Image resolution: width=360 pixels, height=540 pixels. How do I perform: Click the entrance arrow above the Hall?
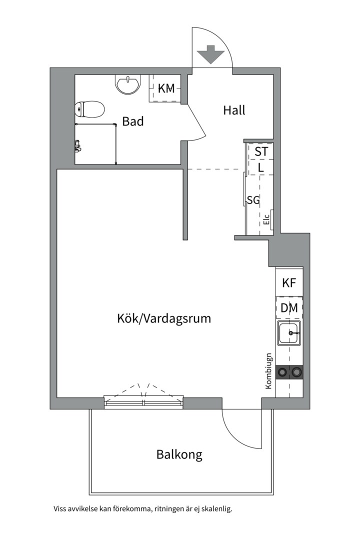[x=211, y=54]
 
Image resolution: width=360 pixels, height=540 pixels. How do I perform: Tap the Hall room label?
[x=234, y=110]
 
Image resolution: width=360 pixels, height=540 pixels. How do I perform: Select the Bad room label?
[x=132, y=121]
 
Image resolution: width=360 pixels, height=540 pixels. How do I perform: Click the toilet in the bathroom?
[x=89, y=109]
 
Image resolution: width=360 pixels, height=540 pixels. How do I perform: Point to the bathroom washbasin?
[x=128, y=84]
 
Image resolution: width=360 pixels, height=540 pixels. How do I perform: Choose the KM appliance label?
[x=166, y=88]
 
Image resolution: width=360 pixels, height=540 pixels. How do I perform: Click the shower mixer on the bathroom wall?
[x=78, y=146]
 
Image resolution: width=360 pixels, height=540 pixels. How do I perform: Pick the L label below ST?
[x=261, y=168]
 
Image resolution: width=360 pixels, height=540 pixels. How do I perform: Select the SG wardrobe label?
[x=253, y=199]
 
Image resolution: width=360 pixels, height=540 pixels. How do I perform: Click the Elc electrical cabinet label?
[x=266, y=219]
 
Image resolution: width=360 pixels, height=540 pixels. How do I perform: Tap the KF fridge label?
[x=289, y=282]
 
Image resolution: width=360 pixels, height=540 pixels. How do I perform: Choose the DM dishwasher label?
[x=289, y=307]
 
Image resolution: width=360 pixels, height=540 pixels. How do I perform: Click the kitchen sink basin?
[x=289, y=333]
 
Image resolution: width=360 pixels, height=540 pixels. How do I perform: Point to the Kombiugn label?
[x=268, y=371]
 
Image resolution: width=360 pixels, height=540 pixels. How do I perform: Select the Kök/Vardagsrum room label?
[x=164, y=318]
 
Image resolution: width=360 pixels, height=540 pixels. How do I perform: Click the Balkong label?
[x=179, y=454]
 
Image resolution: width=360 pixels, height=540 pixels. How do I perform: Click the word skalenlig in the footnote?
[x=217, y=508]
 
